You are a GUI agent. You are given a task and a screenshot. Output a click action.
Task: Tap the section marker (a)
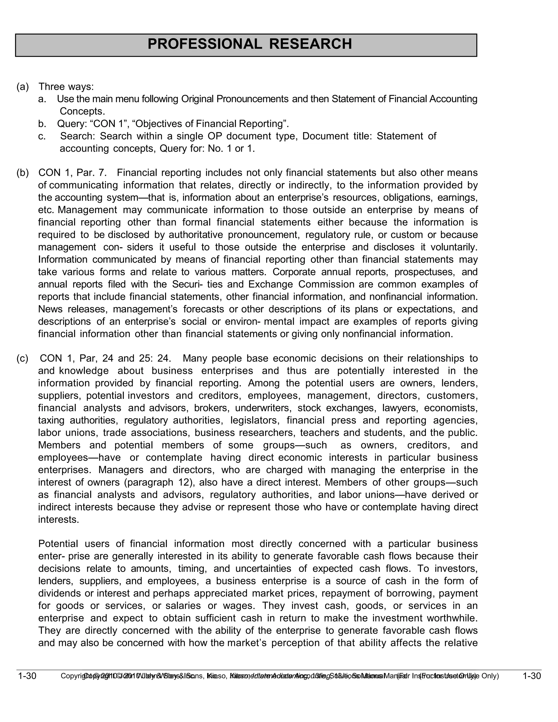pyautogui.click(x=23, y=87)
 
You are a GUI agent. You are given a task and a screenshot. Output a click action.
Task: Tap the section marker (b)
pyautogui.click(x=23, y=172)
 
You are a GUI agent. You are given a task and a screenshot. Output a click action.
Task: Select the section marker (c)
pyautogui.click(x=23, y=358)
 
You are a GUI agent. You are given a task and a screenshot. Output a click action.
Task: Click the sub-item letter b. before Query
pyautogui.click(x=42, y=124)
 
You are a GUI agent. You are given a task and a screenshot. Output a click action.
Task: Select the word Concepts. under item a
pyautogui.click(x=82, y=111)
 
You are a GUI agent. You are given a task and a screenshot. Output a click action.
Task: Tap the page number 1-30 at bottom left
pyautogui.click(x=27, y=676)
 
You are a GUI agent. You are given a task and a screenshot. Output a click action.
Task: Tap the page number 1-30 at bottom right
pyautogui.click(x=532, y=676)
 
